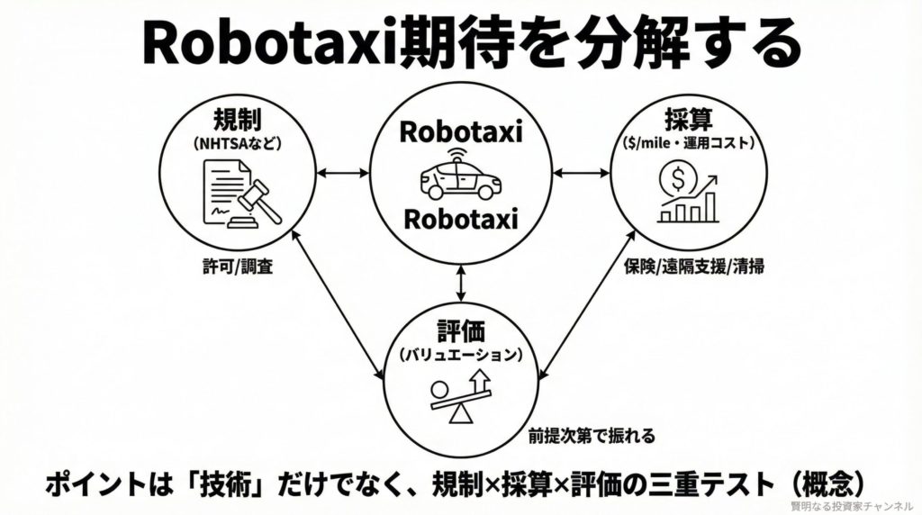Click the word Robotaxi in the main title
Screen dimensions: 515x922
(265, 42)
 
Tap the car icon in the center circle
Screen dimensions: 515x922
(460, 176)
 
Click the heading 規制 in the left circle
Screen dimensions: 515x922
(238, 119)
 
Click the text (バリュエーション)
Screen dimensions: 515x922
(460, 354)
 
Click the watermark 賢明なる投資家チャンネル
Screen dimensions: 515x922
(852, 506)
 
